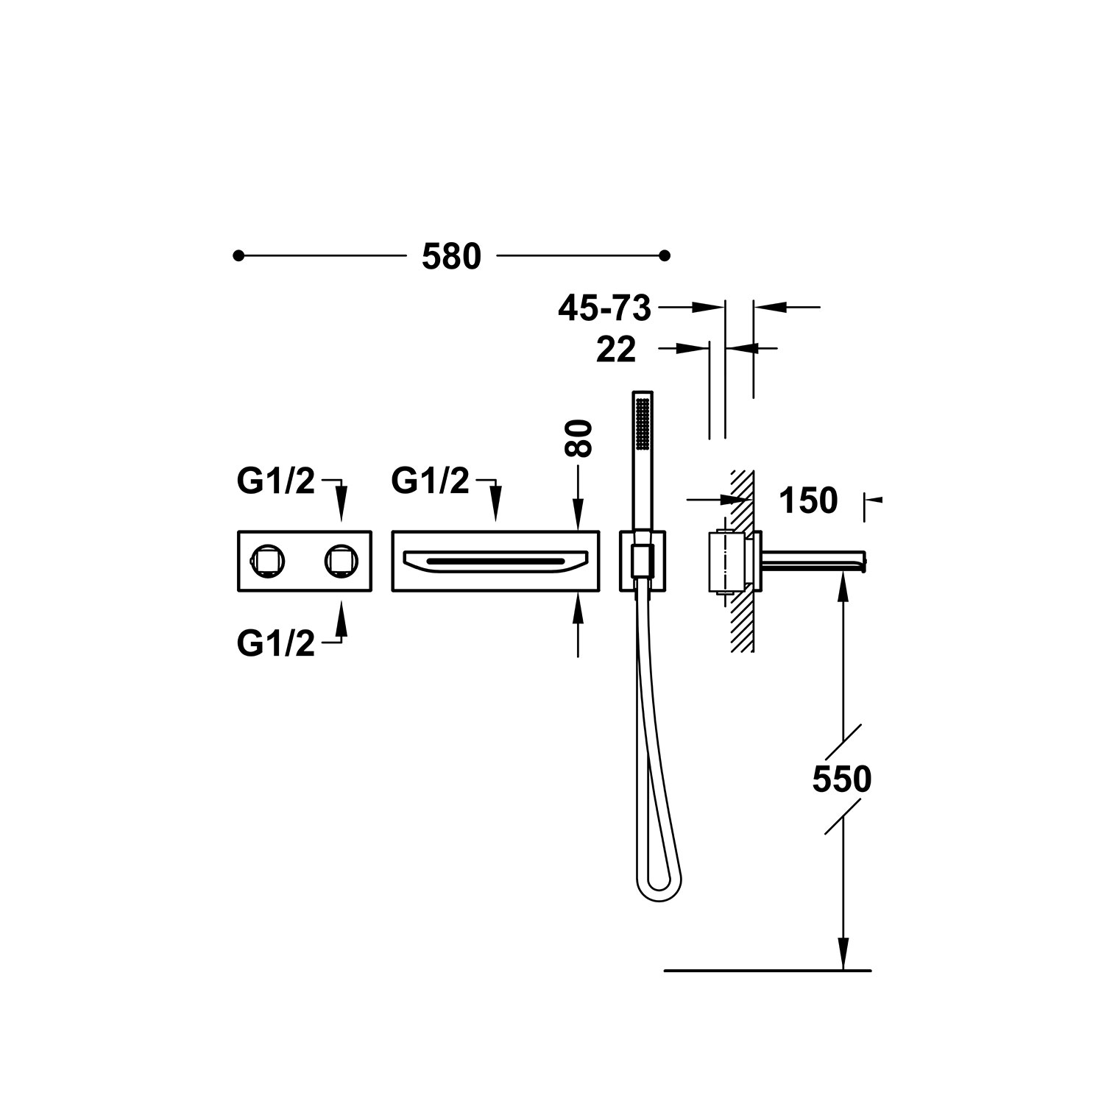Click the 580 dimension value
451,257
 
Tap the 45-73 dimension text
605,308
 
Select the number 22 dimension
616,349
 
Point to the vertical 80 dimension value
581,439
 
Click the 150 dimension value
807,501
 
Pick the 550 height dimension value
842,779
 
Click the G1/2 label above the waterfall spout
430,481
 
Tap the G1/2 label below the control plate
276,644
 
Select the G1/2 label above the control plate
276,481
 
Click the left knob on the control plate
265,561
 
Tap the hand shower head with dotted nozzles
643,425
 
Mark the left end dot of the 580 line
238,256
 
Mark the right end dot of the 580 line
665,256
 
